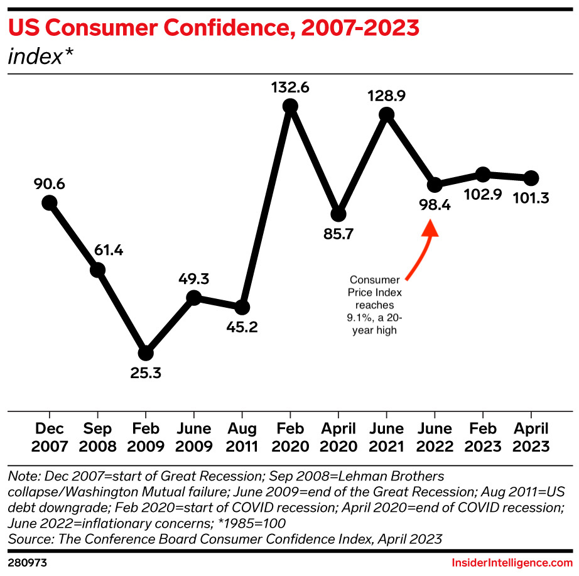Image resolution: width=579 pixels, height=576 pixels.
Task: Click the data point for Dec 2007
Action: [x=49, y=202]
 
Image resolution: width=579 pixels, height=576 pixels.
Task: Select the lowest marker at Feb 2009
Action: [x=146, y=353]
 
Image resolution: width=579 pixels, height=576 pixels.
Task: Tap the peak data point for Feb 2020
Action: [x=290, y=106]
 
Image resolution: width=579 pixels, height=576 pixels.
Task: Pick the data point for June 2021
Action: [x=386, y=114]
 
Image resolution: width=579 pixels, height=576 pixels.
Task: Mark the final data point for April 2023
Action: [x=531, y=178]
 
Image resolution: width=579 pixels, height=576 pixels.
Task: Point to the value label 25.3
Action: [x=146, y=373]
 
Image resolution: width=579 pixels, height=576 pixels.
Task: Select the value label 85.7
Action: [x=338, y=234]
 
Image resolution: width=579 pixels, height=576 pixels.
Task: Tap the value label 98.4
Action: [x=434, y=205]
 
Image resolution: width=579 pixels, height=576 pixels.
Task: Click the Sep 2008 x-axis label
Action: [x=97, y=438]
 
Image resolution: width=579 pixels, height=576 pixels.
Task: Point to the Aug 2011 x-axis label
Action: [x=242, y=438]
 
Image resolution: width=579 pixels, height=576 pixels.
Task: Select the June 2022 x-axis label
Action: [x=434, y=438]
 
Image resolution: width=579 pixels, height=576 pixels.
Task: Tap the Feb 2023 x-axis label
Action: [x=482, y=438]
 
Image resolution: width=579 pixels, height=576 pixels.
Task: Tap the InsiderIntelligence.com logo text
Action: [x=512, y=563]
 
